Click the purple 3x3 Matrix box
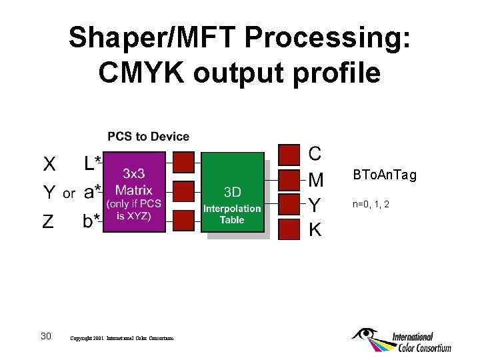click(x=135, y=191)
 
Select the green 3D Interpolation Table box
click(x=233, y=193)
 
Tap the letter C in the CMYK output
click(x=315, y=153)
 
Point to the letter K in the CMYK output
click(x=315, y=230)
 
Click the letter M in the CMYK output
click(x=316, y=179)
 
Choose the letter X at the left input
click(x=49, y=164)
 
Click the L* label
click(x=93, y=163)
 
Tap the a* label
click(x=93, y=193)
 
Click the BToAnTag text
click(x=385, y=175)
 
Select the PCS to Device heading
click(x=149, y=137)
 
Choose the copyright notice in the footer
click(x=121, y=339)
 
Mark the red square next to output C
click(x=289, y=154)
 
